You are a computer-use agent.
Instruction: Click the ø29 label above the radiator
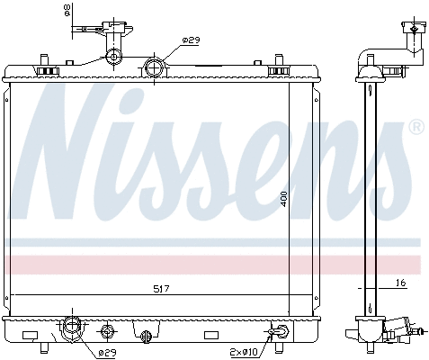click(191, 40)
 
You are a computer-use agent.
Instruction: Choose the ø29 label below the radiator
click(107, 352)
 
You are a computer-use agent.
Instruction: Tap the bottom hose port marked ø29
click(71, 330)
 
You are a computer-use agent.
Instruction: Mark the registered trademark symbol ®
click(416, 129)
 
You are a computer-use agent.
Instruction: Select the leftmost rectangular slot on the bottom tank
click(30, 336)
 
